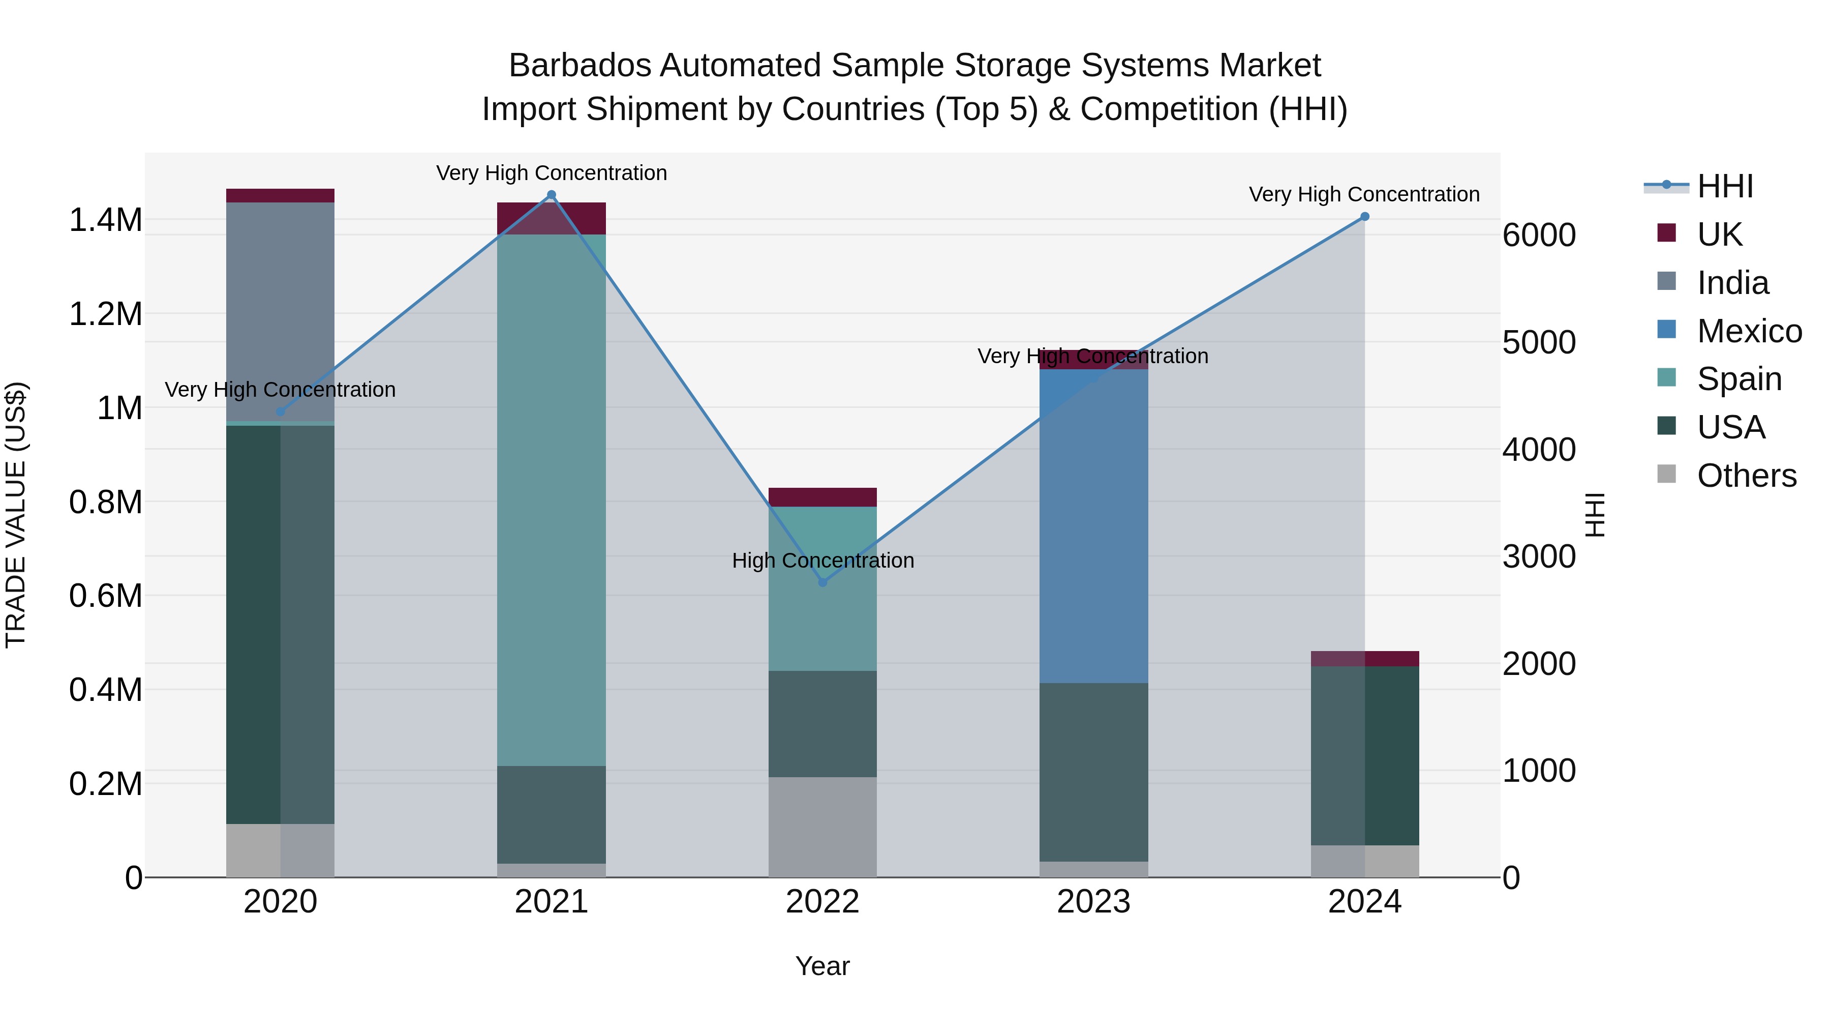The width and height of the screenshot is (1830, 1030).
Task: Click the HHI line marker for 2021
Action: click(551, 195)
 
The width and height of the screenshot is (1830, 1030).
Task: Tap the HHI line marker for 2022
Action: click(822, 582)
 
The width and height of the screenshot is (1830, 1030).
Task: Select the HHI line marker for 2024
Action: click(1365, 217)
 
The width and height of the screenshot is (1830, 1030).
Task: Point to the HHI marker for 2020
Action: click(280, 411)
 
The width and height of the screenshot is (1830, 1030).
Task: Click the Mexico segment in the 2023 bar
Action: click(1094, 526)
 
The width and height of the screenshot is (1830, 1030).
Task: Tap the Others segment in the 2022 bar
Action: click(822, 827)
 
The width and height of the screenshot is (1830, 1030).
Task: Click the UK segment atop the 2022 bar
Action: click(822, 497)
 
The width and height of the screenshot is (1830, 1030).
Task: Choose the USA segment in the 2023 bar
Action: click(1094, 772)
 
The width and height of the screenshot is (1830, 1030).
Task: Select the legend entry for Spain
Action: click(1738, 379)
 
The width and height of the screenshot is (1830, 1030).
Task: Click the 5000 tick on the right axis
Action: click(1539, 343)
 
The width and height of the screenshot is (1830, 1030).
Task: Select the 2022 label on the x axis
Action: click(822, 902)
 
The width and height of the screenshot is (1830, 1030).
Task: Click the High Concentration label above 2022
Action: click(822, 561)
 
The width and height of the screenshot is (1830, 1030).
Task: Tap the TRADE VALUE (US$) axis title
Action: click(16, 515)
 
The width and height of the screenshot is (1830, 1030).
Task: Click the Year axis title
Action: click(822, 966)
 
